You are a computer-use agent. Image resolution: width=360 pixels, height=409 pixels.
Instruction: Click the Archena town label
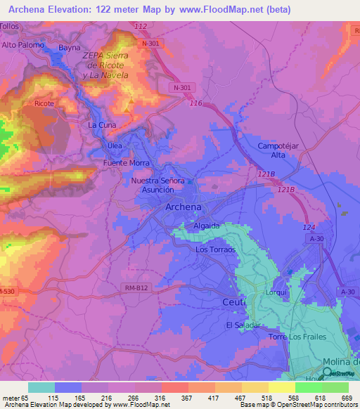[x=183, y=207]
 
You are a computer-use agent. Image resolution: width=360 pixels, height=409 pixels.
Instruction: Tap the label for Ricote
[x=44, y=104]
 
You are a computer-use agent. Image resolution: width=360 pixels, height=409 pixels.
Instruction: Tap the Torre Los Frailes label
[x=297, y=337]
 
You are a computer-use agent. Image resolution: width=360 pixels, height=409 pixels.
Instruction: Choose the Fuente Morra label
[x=127, y=163]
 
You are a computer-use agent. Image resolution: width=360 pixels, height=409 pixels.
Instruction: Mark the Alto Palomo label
[x=23, y=45]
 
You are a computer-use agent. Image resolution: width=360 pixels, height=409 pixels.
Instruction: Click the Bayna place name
[x=70, y=48]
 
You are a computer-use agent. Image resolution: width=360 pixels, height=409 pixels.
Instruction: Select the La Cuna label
[x=101, y=124]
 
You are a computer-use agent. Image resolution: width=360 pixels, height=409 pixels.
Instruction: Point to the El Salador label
[x=243, y=325]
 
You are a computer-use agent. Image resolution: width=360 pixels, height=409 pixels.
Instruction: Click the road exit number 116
[x=196, y=103]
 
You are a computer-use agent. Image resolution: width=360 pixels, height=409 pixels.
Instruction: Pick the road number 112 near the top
[x=141, y=26]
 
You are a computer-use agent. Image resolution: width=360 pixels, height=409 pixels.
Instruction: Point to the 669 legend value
[x=347, y=398]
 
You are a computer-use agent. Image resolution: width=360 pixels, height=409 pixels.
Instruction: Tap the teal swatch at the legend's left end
[x=41, y=387]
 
